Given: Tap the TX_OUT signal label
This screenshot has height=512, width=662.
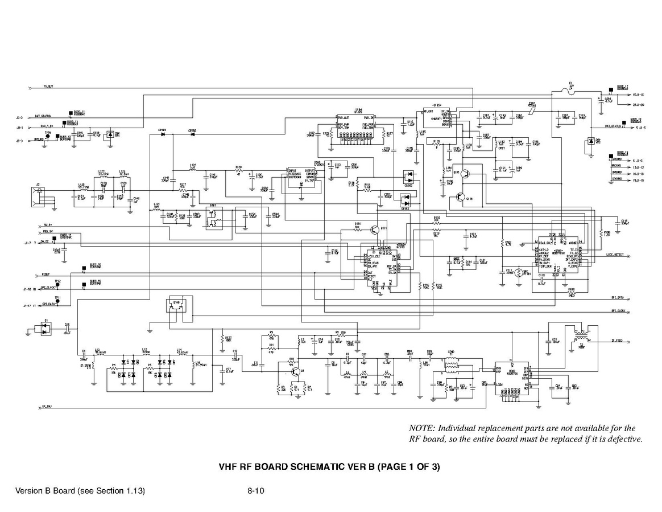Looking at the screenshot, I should point(48,87).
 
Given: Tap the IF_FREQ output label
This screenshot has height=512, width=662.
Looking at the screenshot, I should point(617,341).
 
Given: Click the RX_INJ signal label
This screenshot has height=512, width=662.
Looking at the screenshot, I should point(47,407).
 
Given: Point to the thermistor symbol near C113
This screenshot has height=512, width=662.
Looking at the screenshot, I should point(519,274).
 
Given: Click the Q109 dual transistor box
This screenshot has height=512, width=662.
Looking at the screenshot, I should point(176,306).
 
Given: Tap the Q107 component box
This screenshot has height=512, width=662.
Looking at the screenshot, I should point(213,219).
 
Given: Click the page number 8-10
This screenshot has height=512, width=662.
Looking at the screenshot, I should point(254,491).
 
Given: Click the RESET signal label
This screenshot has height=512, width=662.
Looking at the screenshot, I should point(47,274).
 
